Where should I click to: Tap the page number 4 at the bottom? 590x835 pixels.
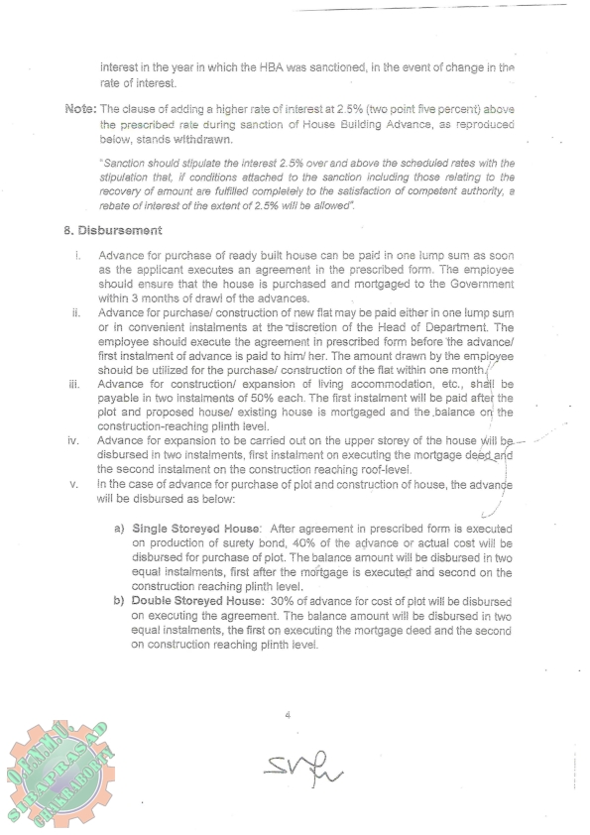click(x=287, y=714)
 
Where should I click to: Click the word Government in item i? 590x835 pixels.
click(x=481, y=285)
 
